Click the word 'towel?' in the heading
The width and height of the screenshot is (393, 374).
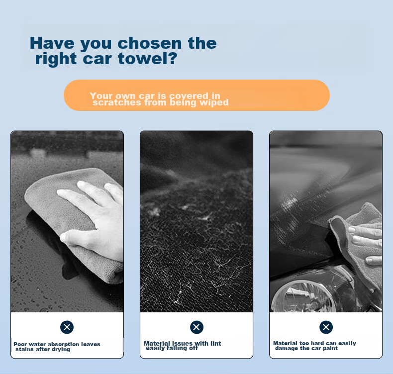[x=147, y=58]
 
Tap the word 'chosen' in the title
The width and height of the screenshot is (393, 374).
[x=150, y=43]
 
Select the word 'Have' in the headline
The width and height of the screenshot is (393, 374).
[x=52, y=43]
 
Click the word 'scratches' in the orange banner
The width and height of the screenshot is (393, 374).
[x=117, y=102]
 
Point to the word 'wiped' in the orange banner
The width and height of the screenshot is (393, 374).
[x=214, y=103]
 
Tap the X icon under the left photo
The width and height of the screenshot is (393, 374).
[x=67, y=327]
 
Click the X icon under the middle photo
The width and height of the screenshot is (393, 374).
[x=196, y=327]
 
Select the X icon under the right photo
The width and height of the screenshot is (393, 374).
[x=326, y=327]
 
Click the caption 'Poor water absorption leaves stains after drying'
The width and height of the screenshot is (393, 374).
[x=57, y=347]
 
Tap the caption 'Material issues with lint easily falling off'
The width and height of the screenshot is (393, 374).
[x=183, y=346]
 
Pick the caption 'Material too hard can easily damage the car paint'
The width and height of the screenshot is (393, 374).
[x=314, y=346]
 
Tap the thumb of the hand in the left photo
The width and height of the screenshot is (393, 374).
[x=75, y=237]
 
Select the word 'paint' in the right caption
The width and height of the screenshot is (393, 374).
[x=330, y=349]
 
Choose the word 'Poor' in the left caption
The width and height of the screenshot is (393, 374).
[x=20, y=345]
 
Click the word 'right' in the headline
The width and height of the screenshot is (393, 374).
[x=56, y=59]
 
